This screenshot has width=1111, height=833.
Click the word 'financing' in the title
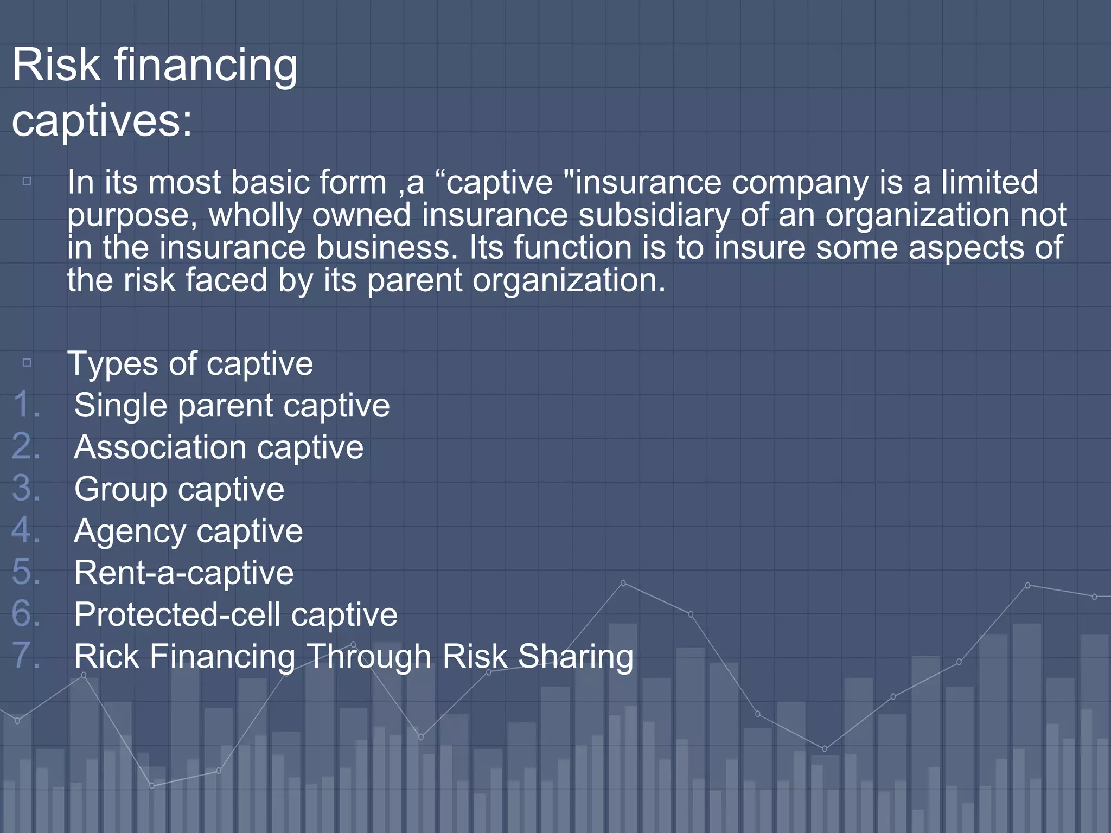pos(205,65)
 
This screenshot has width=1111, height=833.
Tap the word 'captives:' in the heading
pos(102,120)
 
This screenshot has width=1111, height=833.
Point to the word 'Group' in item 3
pos(120,489)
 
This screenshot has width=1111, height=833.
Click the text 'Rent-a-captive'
pos(184,573)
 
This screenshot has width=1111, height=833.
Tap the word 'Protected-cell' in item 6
pos(177,614)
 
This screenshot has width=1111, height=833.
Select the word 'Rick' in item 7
pos(106,656)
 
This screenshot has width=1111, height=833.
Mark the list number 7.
pos(26,655)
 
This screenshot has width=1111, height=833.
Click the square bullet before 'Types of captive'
pos(27,362)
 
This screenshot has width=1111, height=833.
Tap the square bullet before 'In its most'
pos(27,181)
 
